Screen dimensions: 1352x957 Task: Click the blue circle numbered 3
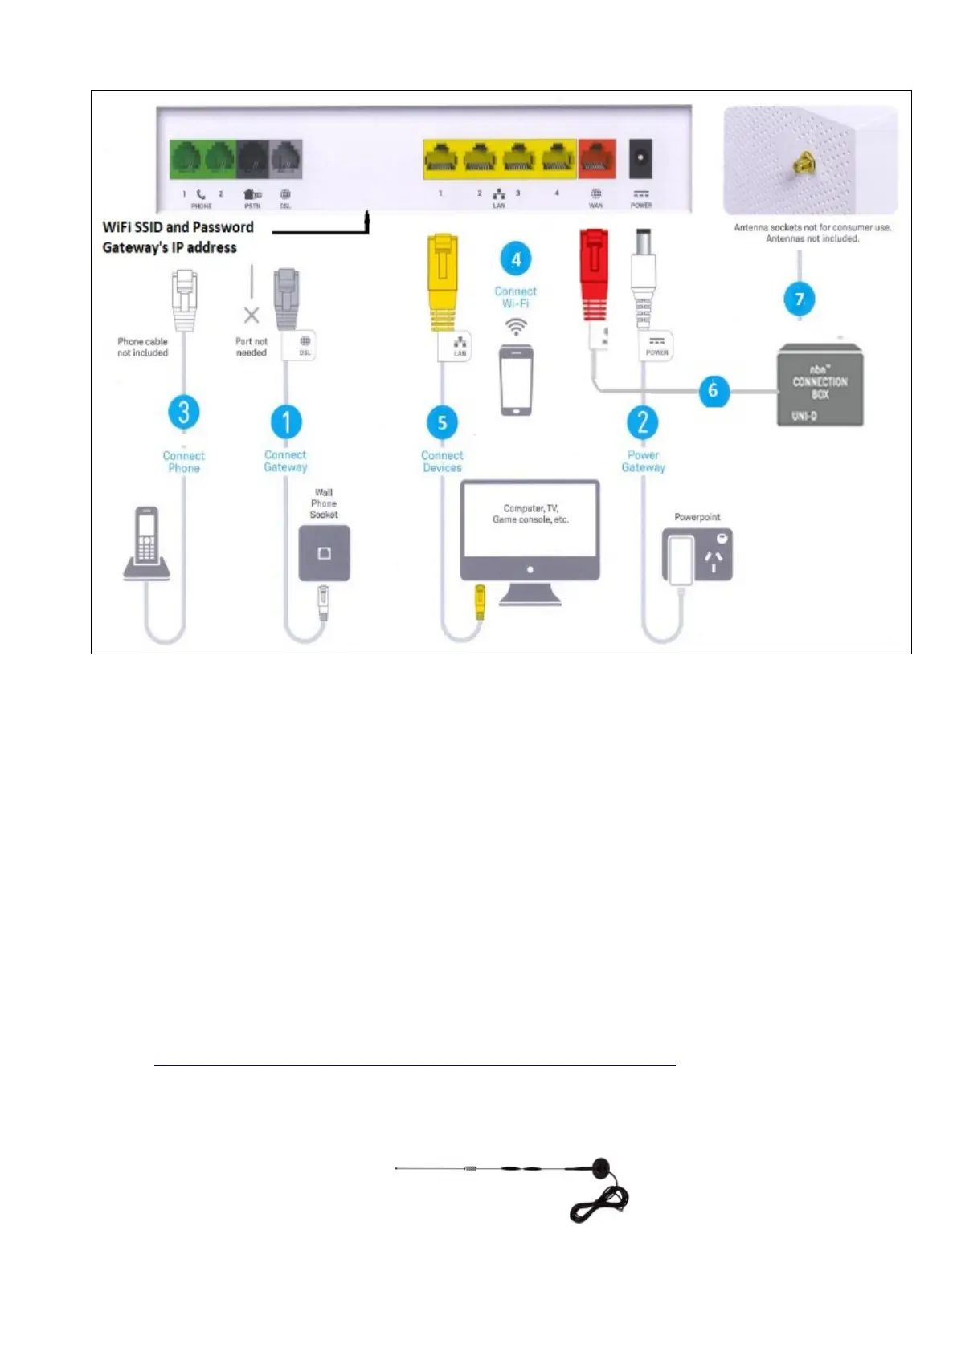tap(184, 412)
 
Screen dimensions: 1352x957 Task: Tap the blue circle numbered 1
tap(286, 421)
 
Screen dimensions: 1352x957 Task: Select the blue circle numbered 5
tap(442, 422)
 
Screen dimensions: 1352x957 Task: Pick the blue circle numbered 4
tap(516, 259)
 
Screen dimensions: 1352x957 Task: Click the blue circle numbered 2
tap(643, 421)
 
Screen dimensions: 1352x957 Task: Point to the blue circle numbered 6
tap(713, 391)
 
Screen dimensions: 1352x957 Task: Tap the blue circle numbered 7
tap(799, 299)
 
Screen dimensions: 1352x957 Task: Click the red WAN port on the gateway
tap(596, 158)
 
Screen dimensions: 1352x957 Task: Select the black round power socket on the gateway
tap(640, 157)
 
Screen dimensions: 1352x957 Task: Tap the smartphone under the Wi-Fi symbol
tap(516, 380)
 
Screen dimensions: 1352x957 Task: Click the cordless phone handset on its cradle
tap(146, 544)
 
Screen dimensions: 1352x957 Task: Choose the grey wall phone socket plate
tap(324, 553)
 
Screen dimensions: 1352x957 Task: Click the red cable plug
tap(593, 273)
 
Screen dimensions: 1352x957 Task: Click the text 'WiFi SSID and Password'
tap(178, 227)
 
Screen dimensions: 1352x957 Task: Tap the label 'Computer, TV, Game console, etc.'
tap(530, 514)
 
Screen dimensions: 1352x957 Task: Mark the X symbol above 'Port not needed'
tap(252, 315)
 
